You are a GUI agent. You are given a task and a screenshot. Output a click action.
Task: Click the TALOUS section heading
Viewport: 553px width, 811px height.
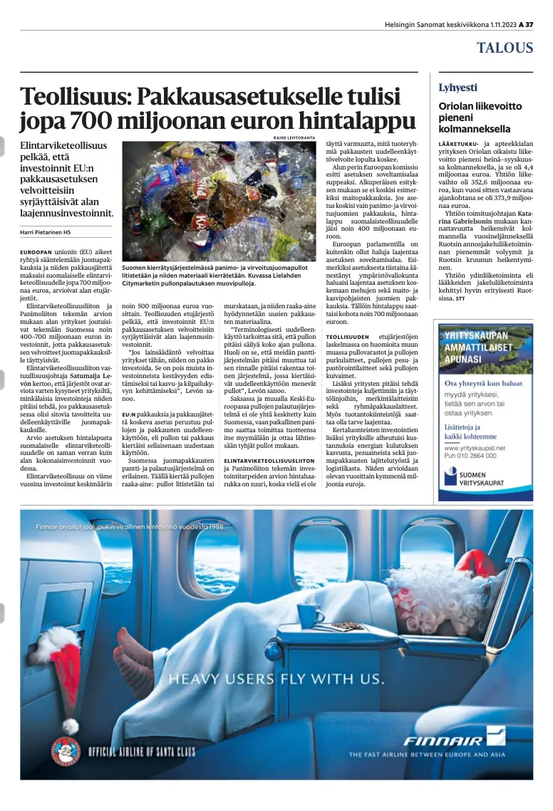pyautogui.click(x=505, y=48)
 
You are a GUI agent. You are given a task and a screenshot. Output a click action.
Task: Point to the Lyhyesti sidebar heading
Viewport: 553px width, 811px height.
pyautogui.click(x=458, y=88)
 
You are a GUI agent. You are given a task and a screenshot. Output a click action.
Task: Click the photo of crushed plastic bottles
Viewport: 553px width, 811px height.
pyautogui.click(x=218, y=200)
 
